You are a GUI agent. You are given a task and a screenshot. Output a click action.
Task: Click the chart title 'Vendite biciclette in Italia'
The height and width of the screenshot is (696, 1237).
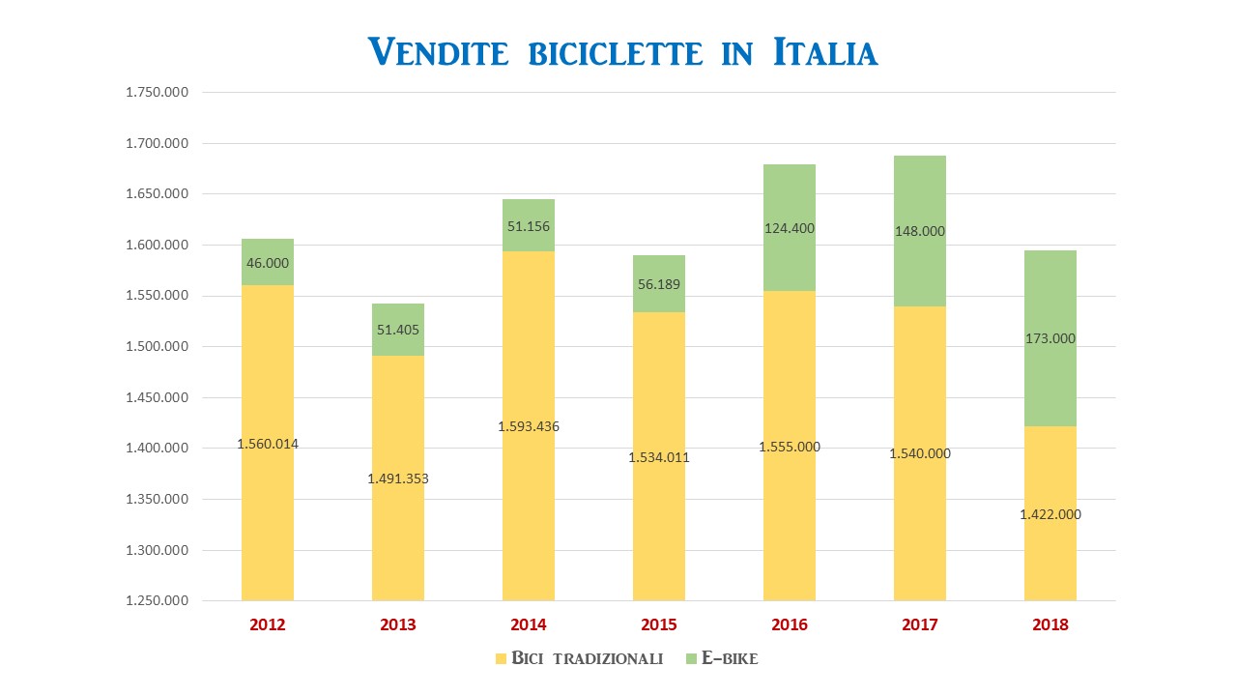pos(622,52)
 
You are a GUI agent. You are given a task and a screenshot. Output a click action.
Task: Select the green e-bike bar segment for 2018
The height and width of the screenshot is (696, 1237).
pos(1050,338)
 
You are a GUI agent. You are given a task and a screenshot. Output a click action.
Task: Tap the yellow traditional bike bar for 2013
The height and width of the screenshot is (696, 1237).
pos(398,478)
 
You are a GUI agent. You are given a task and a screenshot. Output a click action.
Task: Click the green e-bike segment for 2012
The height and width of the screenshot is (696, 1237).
pos(268,262)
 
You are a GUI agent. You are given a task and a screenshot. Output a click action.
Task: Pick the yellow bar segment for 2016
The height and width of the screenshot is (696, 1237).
pos(790,446)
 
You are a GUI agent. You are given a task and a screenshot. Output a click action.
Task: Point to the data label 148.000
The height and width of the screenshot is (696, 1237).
pos(920,231)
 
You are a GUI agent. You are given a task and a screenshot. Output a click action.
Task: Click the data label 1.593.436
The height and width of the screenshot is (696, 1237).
pos(529,426)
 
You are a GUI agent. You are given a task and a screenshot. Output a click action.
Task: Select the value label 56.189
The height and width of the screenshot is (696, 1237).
pos(659,284)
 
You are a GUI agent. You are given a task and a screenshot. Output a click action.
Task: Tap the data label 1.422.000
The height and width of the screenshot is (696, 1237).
pos(1050,514)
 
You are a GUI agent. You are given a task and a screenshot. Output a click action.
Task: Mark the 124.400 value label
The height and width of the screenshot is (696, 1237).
pos(790,228)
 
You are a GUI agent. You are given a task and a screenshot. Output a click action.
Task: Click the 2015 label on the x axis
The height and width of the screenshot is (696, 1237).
pos(659,624)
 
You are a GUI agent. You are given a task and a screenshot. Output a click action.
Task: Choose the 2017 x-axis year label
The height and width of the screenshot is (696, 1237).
pos(920,624)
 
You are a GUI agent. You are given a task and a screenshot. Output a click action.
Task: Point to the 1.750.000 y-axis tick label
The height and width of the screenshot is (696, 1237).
pos(157,92)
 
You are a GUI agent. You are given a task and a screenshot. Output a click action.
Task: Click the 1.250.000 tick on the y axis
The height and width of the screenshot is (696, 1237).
pos(157,600)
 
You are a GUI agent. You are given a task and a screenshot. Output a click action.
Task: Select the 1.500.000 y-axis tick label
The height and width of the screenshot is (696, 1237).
pos(157,346)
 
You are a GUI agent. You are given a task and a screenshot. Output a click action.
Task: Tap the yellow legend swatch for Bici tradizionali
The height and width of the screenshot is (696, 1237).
pos(501,658)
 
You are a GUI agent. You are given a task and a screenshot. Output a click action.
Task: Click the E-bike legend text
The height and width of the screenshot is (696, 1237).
pos(730,658)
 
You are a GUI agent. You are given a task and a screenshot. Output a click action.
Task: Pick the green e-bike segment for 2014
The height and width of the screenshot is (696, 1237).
pos(529,225)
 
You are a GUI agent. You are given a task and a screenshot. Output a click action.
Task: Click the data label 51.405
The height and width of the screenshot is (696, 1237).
pos(398,330)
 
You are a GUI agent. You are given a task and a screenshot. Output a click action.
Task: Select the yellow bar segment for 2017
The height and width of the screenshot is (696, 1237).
pos(920,453)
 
